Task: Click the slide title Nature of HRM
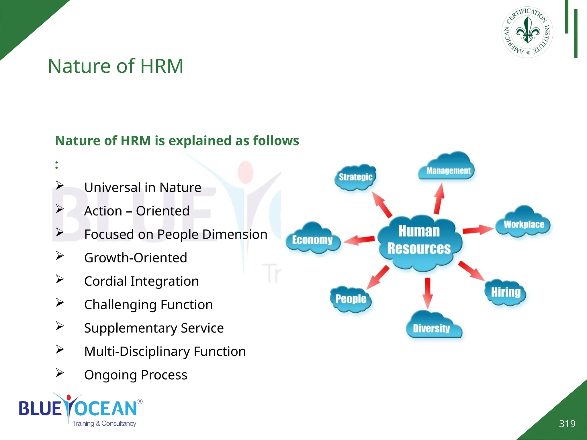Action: pyautogui.click(x=115, y=66)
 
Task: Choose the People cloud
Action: pyautogui.click(x=351, y=299)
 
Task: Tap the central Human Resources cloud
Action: pyautogui.click(x=419, y=241)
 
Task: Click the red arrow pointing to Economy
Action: pyautogui.click(x=359, y=240)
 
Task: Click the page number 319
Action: pyautogui.click(x=567, y=424)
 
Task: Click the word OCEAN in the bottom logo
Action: pyautogui.click(x=106, y=408)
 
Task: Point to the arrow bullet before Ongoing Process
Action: pyautogui.click(x=60, y=373)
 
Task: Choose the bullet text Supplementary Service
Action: pyautogui.click(x=154, y=328)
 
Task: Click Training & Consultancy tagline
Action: pyautogui.click(x=104, y=424)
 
